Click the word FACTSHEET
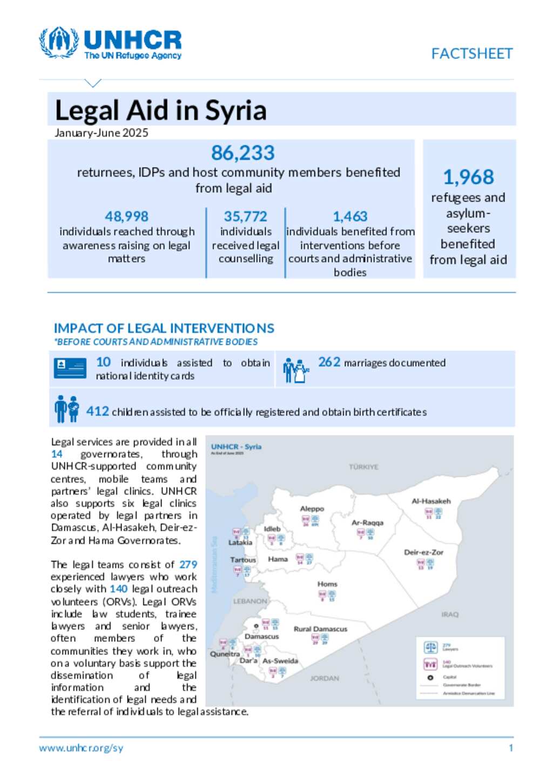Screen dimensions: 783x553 coord(471,53)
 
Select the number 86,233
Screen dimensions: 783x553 coord(242,153)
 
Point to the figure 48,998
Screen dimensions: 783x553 coord(126,216)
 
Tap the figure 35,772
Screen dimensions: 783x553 coord(245,216)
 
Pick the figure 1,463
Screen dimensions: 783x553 coord(350,216)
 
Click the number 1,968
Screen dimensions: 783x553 coord(468,177)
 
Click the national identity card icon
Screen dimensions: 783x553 coord(70,368)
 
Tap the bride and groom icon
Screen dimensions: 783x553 coord(295,370)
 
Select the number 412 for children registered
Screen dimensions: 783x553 coord(98,411)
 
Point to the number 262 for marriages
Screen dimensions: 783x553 coord(329,362)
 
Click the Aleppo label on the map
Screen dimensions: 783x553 coord(312,508)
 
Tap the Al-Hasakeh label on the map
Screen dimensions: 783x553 coord(431,501)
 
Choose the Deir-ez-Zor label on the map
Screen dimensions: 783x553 coord(423,552)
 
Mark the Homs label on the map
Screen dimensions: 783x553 coord(327,584)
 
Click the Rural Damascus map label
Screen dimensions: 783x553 coord(320,629)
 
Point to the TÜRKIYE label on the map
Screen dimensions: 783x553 coord(363,467)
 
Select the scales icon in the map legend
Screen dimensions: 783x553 coord(430,647)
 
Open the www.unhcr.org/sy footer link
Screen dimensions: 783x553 coord(81,748)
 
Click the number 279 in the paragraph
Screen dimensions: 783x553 coord(188,564)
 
